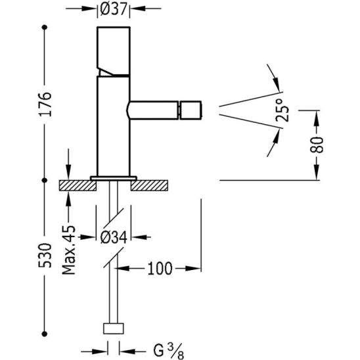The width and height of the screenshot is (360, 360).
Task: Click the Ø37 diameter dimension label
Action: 114,10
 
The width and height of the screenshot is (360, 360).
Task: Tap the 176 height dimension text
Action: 45,104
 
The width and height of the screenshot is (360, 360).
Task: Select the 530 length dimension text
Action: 45,255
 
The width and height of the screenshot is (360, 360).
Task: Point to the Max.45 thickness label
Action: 68,250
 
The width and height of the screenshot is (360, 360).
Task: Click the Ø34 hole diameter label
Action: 114,237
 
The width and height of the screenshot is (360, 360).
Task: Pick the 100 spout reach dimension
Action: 160,269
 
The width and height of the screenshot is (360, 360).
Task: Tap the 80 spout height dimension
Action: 317,145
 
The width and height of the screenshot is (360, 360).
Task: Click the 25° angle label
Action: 282,110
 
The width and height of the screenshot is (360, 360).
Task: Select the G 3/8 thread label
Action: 168,351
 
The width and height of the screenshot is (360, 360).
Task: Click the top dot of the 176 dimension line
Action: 45,28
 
